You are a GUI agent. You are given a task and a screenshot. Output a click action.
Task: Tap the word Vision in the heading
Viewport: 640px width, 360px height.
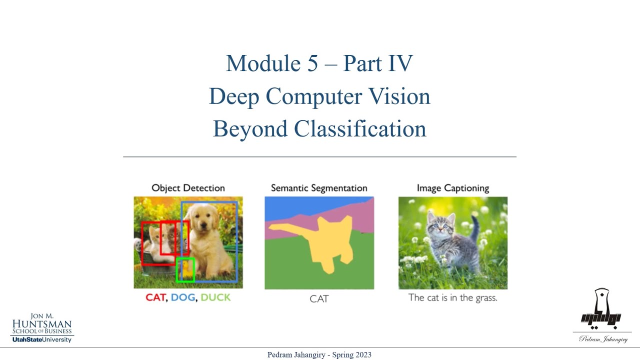[400, 96]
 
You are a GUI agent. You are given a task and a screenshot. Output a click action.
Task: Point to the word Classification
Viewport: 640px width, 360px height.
[360, 128]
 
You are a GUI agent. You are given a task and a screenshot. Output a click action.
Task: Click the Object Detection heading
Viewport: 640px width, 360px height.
[188, 188]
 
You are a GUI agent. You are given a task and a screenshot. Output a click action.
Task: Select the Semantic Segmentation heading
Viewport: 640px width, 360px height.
[319, 188]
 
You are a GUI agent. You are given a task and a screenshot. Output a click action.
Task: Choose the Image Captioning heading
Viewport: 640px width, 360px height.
[453, 188]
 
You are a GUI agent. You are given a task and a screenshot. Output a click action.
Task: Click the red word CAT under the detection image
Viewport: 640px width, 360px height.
[156, 297]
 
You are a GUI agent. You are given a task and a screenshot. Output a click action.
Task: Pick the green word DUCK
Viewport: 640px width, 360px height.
[215, 297]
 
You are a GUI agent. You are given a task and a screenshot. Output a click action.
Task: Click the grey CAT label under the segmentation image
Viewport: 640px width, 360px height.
[319, 298]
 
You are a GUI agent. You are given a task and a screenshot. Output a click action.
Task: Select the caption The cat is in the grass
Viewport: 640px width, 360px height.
[453, 297]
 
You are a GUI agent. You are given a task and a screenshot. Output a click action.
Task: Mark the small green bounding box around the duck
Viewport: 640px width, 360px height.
[185, 269]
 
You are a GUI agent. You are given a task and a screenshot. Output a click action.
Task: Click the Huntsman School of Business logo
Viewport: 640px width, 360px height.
[42, 328]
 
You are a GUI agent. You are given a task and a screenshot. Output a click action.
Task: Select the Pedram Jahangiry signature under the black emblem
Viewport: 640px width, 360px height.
[603, 339]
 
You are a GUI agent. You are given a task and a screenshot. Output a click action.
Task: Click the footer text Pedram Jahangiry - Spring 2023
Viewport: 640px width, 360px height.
[319, 355]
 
